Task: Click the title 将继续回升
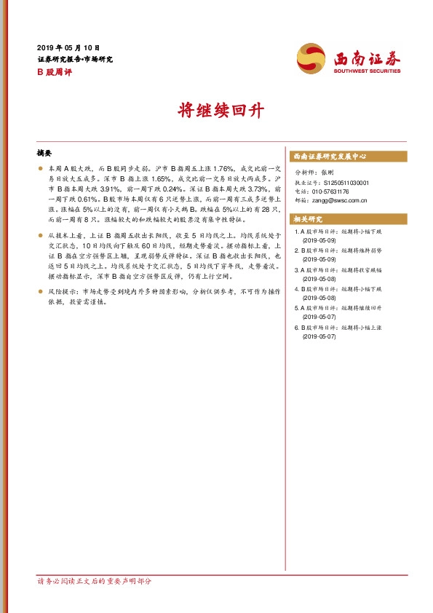pos(216,111)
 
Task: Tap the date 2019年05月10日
pos(68,47)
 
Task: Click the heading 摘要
pos(45,154)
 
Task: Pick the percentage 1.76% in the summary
pos(203,168)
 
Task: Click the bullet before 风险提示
pos(41,291)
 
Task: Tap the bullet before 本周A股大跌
pos(41,168)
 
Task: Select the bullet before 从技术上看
pos(41,237)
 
